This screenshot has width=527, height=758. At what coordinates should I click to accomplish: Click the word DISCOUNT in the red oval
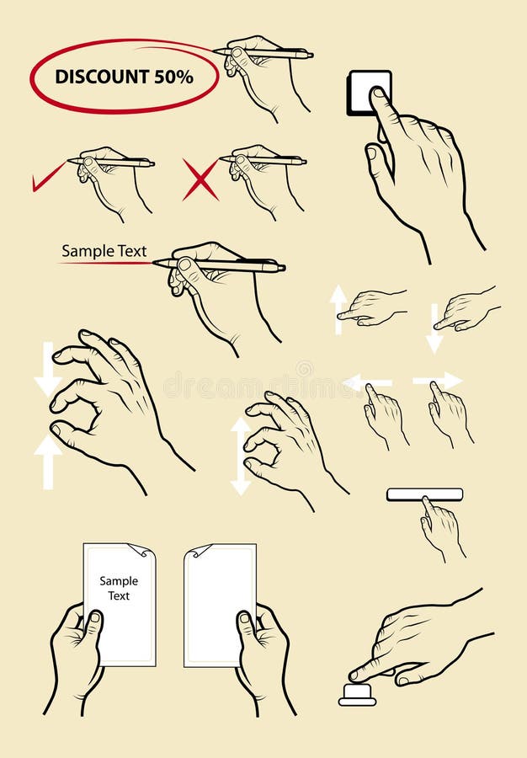[102, 77]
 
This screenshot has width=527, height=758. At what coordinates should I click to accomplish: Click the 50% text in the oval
[173, 77]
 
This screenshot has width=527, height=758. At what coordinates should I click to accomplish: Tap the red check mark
[48, 178]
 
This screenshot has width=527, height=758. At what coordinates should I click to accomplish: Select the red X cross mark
[200, 179]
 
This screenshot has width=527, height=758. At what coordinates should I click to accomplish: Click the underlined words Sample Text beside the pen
[104, 251]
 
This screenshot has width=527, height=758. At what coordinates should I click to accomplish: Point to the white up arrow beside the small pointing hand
[338, 307]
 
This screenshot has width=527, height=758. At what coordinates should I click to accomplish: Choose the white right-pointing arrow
[439, 381]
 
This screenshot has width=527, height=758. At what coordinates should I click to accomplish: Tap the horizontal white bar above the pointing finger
[424, 494]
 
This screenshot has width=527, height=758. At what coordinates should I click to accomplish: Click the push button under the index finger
[357, 694]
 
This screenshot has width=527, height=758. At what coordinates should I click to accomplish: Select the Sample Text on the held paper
[119, 588]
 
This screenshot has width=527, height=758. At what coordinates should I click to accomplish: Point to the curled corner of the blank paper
[196, 552]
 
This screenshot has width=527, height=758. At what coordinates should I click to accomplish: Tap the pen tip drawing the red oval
[216, 51]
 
